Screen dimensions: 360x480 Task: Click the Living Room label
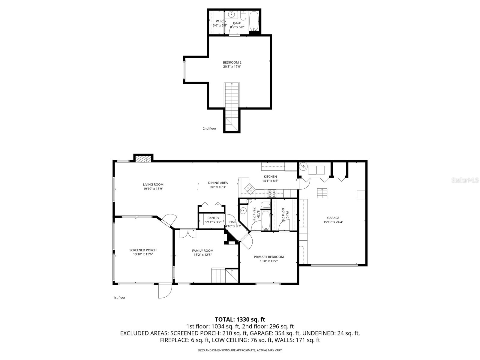tap(153, 184)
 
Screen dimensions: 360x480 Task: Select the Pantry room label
tap(213, 218)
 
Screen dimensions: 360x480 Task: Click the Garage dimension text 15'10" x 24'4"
tap(333, 222)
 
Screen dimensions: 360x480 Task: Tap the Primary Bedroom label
tap(268, 257)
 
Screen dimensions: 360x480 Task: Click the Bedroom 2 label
tap(232, 62)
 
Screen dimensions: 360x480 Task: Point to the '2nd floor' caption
tap(209, 128)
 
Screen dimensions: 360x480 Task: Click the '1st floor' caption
tap(119, 298)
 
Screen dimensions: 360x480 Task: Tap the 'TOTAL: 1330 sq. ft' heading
tap(240, 319)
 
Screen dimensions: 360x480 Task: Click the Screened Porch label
tap(143, 250)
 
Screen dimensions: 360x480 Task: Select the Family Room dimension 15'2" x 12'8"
tap(202, 255)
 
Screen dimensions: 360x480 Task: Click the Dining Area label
tap(218, 183)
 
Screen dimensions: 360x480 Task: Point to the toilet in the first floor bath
tap(265, 205)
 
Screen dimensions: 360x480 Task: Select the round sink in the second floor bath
tap(231, 14)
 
